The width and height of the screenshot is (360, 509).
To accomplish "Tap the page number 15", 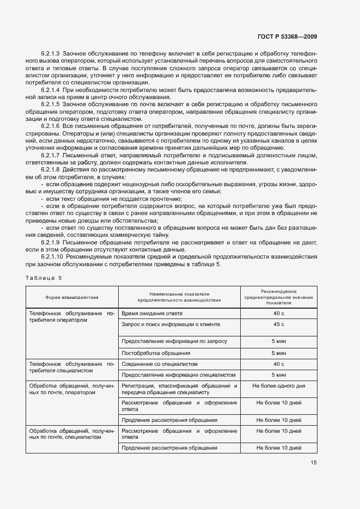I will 314,463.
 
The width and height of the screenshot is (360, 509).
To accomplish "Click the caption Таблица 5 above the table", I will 44,278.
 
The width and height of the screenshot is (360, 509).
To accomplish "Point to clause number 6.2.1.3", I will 51,54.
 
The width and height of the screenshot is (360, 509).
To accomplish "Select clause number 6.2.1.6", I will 51,126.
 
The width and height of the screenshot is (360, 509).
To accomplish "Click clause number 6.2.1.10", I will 52,256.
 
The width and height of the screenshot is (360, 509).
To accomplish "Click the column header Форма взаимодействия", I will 72,297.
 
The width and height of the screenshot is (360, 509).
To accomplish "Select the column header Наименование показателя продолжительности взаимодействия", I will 179,297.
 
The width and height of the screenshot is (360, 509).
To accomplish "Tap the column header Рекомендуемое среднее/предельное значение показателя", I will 279,297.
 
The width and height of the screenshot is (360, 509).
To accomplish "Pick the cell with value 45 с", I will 279,324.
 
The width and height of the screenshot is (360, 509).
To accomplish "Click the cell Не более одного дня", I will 279,386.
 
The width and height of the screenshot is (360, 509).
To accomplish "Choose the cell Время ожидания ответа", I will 152,314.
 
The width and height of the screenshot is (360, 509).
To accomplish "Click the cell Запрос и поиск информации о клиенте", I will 170,324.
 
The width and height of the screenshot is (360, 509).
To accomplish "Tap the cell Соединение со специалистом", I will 159,364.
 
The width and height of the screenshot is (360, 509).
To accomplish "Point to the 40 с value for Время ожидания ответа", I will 279,314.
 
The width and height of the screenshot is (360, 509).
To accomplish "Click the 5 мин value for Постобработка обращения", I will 279,353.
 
